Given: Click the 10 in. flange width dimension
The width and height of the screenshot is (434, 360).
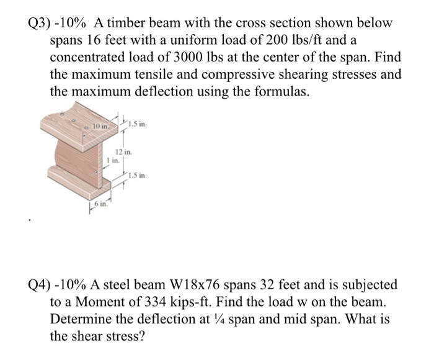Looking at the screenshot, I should (x=99, y=127).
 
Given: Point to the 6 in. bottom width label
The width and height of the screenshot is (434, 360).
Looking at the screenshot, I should (x=99, y=204).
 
